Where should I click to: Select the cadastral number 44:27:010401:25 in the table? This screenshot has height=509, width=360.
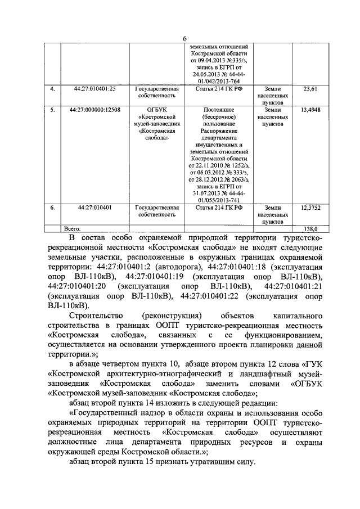tap(94, 89)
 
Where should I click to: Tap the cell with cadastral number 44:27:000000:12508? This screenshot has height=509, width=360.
tap(94, 110)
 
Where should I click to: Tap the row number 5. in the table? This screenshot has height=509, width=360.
tap(52, 110)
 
